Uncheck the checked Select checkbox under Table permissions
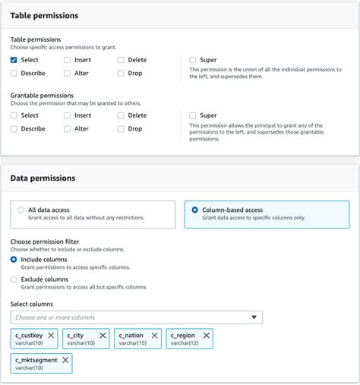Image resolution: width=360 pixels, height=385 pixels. (14, 59)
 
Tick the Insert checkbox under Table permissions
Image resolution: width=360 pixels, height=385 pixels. (68, 59)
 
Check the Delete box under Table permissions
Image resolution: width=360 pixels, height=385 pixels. (122, 59)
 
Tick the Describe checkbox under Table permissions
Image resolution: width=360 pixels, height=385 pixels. (14, 73)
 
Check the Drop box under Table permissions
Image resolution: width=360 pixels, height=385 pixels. (122, 73)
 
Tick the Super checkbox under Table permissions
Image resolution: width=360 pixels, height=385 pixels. (193, 59)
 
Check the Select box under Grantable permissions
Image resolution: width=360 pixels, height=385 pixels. (14, 115)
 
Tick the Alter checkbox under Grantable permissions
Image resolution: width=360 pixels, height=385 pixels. (68, 129)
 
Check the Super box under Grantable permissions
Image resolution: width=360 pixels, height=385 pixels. (193, 115)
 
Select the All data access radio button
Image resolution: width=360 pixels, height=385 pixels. (21, 210)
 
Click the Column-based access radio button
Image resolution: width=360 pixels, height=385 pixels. (195, 210)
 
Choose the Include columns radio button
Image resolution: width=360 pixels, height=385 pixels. (14, 260)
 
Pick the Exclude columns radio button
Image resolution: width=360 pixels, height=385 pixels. (14, 279)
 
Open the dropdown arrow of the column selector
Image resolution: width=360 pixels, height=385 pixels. (255, 317)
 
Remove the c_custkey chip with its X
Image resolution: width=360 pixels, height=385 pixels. (51, 335)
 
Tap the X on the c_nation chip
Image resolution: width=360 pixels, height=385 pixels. (154, 335)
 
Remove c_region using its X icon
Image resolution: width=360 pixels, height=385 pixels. (206, 335)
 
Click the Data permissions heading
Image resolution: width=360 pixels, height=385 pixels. (43, 178)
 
